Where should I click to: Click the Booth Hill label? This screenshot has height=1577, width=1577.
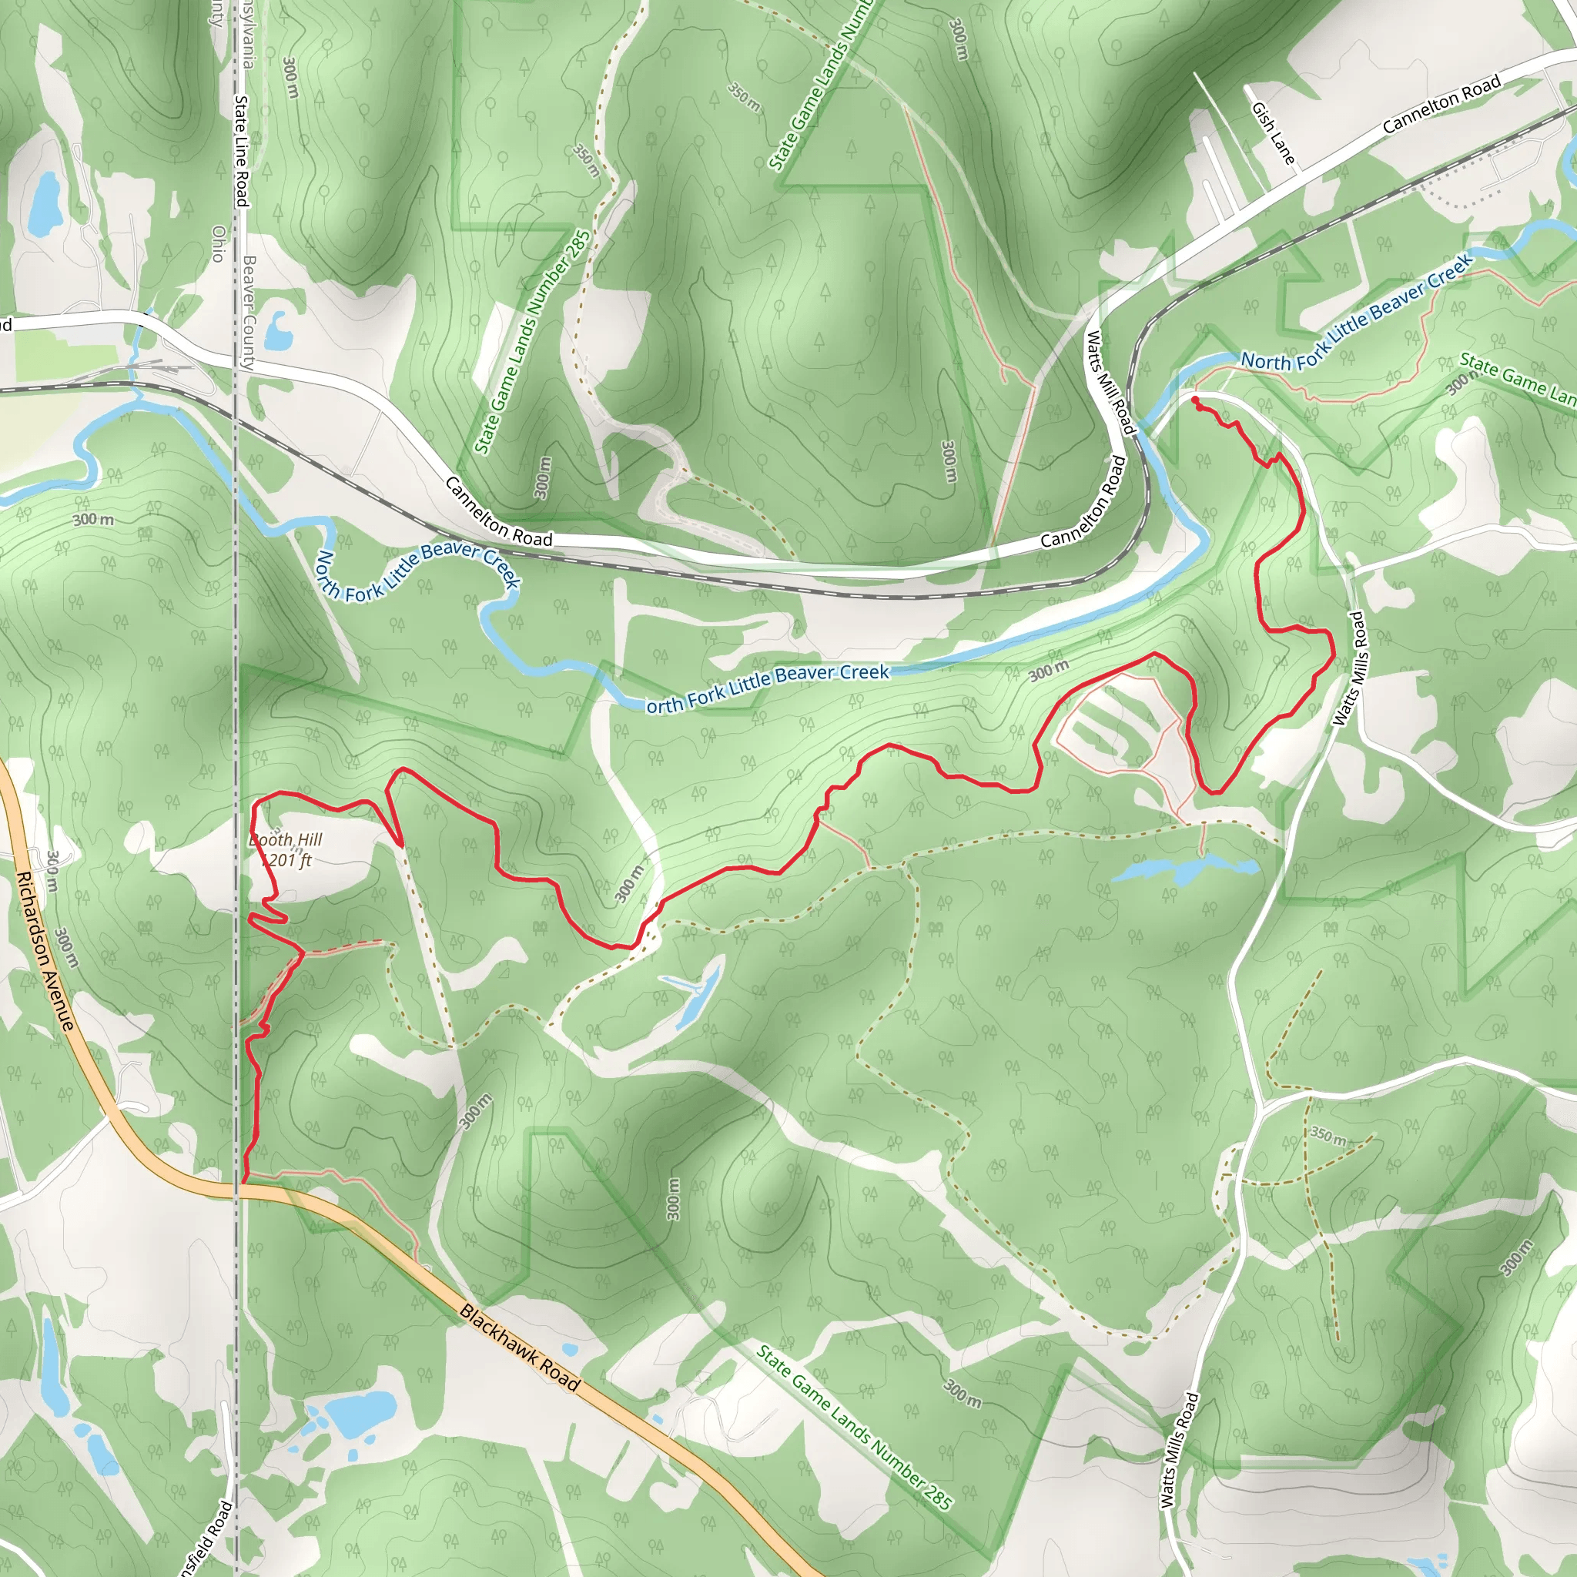[x=286, y=840]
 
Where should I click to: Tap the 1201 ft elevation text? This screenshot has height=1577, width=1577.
[x=286, y=860]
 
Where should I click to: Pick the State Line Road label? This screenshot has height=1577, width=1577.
[x=241, y=151]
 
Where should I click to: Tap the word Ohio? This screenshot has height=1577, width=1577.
[x=218, y=243]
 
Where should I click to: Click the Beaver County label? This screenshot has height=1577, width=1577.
[x=248, y=312]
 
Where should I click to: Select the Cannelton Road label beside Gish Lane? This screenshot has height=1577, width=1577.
[x=1441, y=105]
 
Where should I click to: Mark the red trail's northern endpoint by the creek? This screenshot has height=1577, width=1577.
[x=1195, y=399]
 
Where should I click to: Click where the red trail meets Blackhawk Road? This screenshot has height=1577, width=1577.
[x=243, y=1181]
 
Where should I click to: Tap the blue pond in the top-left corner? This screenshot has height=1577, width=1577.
[x=42, y=202]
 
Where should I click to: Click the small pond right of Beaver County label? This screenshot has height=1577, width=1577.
[x=278, y=327]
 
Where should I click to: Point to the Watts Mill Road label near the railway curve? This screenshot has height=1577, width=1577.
[x=1110, y=382]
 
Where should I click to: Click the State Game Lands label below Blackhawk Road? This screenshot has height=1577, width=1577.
[x=854, y=1428]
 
